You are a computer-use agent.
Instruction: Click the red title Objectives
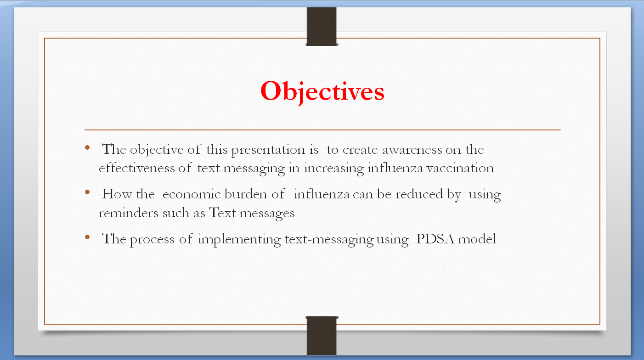(x=322, y=92)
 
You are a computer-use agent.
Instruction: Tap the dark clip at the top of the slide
(x=322, y=27)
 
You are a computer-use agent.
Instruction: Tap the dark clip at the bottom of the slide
(x=322, y=335)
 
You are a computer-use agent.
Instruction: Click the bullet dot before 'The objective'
(x=87, y=148)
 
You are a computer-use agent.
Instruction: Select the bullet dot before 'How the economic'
(x=87, y=192)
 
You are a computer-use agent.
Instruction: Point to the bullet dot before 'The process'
(x=87, y=237)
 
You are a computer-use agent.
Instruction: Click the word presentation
(x=269, y=150)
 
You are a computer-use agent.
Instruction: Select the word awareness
(x=412, y=150)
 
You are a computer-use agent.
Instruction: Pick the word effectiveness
(x=136, y=168)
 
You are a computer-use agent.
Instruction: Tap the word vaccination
(x=460, y=168)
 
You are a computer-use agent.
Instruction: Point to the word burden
(x=246, y=194)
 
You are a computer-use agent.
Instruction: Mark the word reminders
(x=129, y=213)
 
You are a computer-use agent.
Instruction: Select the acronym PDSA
(x=435, y=239)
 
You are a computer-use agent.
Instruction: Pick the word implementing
(x=239, y=240)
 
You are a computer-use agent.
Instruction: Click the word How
(x=117, y=194)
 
